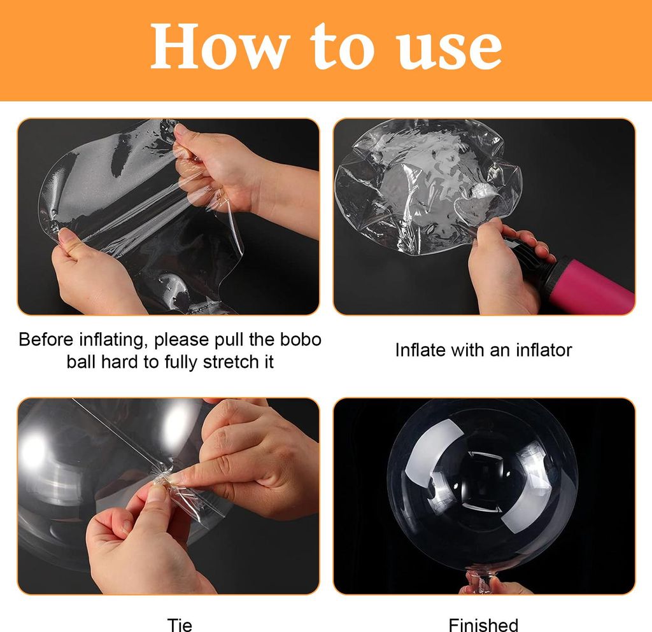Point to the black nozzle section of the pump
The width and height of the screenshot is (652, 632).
(x=530, y=262)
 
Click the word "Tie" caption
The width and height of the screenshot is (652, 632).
(x=180, y=624)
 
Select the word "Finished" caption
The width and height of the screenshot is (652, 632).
(x=483, y=624)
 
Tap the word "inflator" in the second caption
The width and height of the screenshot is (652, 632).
(x=544, y=350)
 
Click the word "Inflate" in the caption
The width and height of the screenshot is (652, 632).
(x=421, y=350)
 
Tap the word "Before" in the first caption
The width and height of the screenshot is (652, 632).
(x=46, y=339)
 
